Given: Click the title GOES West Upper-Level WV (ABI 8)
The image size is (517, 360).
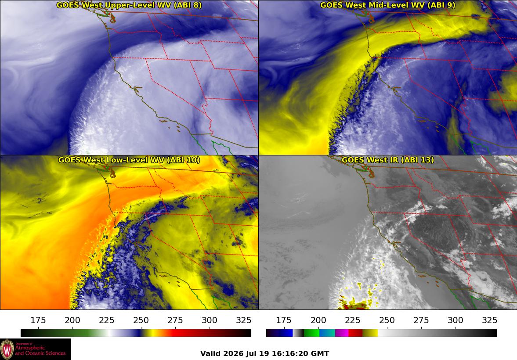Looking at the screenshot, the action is [129, 5].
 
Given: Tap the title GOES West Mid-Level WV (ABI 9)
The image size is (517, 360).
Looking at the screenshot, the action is [388, 5].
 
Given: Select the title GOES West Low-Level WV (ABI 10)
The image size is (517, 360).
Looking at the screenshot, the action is [129, 160].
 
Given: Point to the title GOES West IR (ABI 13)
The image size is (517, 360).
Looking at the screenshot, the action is [388, 160].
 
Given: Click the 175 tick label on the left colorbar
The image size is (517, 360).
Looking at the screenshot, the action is [38, 320].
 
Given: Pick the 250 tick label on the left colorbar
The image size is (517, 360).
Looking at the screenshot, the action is [141, 320].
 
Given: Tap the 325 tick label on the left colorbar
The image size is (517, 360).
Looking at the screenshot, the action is [244, 320].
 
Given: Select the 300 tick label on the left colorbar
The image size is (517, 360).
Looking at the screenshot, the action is [210, 320].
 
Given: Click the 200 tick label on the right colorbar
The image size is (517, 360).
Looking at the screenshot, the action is [318, 320].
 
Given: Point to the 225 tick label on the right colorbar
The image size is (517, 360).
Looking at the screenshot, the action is [352, 320].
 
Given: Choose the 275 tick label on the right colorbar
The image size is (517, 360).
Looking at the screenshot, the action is [421, 320].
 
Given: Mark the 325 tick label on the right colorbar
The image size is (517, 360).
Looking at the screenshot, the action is [490, 320].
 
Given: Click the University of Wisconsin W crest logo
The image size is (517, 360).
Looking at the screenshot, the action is [7, 349].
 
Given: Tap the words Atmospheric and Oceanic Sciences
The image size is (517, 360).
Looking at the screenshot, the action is [40, 350].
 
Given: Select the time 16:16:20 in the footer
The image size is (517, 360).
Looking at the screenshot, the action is [290, 354].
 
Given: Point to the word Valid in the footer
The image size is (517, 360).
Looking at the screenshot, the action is [210, 354].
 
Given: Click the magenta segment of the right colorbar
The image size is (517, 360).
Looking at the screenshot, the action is [342, 333].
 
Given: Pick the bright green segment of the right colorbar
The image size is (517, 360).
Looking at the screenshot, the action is [311, 333].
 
